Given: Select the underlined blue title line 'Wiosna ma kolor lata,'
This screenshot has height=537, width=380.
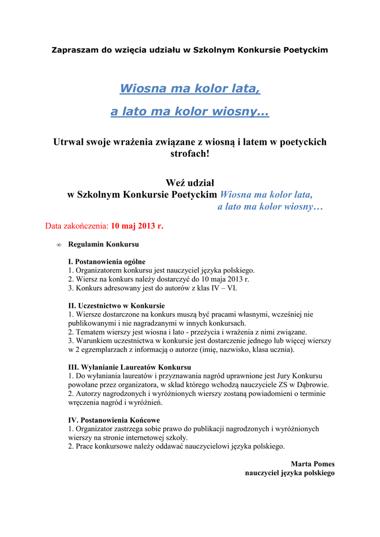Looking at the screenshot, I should [190, 89].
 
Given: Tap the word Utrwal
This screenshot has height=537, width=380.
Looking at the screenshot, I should [68, 142].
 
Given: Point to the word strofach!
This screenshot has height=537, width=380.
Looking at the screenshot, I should [190, 154].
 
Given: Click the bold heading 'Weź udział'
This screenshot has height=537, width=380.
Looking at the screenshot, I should [190, 182].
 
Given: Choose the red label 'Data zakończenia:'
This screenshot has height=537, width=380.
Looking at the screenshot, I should [77, 227].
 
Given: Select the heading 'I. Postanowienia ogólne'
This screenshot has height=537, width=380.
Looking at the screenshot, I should [107, 261].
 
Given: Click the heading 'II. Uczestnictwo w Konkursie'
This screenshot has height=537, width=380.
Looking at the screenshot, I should [117, 305].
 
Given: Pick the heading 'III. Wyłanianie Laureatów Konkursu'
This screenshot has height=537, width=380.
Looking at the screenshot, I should [130, 367].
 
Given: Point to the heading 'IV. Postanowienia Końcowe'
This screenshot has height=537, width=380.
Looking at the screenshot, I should [114, 420].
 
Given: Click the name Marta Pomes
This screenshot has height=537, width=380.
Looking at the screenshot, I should [312, 464].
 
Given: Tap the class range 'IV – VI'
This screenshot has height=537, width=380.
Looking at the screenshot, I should [230, 287].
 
